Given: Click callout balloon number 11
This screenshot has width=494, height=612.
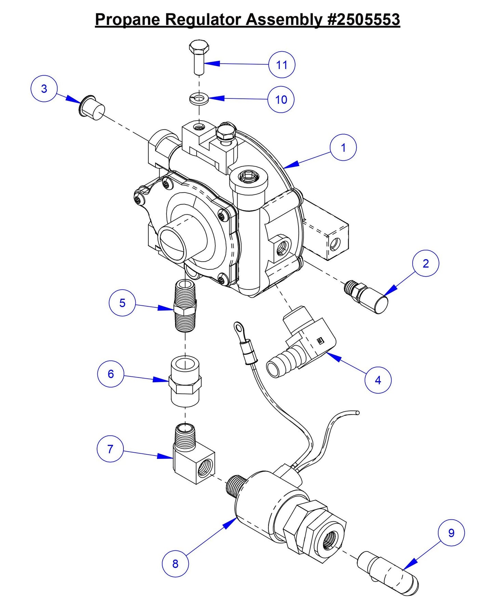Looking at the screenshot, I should (281, 65).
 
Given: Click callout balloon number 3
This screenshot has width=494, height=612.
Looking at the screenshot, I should (44, 89).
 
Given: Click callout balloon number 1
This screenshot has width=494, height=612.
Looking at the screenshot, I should (343, 147).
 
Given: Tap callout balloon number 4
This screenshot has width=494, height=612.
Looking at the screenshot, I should (378, 380).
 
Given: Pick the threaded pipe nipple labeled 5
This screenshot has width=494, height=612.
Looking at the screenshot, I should (185, 305).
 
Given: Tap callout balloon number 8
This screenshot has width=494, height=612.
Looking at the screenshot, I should (175, 563).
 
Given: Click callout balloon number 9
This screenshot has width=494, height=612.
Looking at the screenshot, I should (451, 533).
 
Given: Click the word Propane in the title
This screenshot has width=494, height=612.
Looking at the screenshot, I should (127, 19).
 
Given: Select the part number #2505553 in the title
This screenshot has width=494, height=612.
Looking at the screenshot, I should (363, 19).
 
